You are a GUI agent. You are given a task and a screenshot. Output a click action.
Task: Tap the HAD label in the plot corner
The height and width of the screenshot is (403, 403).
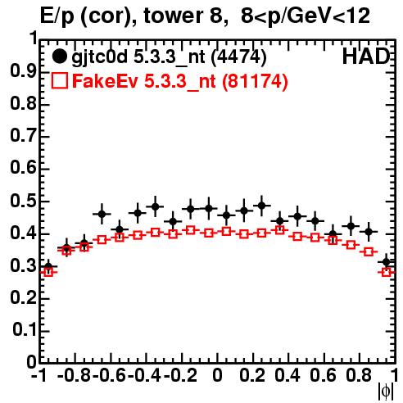tap(366, 57)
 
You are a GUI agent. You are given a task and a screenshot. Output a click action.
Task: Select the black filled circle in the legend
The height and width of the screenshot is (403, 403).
tap(59, 57)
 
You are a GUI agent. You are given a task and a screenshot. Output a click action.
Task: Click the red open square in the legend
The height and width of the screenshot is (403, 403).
tap(59, 80)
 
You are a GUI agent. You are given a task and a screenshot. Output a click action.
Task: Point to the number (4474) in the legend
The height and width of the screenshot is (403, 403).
tap(239, 57)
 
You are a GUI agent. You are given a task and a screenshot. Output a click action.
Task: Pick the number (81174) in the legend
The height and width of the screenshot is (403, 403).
tap(255, 81)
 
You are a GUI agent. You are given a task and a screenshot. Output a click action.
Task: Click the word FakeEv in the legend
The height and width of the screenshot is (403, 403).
tap(106, 81)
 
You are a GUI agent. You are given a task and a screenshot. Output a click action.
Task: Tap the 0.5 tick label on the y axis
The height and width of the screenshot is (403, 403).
tap(23, 201)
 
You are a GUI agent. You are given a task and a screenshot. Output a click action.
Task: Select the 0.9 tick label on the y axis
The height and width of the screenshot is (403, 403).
tap(23, 71)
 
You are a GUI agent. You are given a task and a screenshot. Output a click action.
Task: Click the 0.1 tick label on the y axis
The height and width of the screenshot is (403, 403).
tap(25, 330)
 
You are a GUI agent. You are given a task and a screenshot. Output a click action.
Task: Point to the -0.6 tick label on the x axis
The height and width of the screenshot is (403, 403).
tap(110, 375)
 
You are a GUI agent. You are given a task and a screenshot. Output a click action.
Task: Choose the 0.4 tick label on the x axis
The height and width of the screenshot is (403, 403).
tap(288, 375)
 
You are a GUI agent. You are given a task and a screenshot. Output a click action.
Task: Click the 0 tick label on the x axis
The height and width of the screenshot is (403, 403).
tap(217, 375)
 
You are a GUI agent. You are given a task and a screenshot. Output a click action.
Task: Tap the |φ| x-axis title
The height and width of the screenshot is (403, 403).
tap(386, 392)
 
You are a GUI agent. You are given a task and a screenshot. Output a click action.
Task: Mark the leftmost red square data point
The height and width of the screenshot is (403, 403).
tap(48, 272)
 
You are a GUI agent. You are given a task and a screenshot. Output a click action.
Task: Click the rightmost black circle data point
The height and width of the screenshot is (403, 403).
tap(386, 262)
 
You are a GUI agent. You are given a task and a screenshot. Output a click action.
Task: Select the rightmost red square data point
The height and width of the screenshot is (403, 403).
tap(387, 272)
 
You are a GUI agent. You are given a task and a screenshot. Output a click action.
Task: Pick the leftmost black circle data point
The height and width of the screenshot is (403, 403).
tap(48, 266)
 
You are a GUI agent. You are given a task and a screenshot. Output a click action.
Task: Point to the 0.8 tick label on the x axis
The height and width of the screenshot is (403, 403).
tap(359, 375)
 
